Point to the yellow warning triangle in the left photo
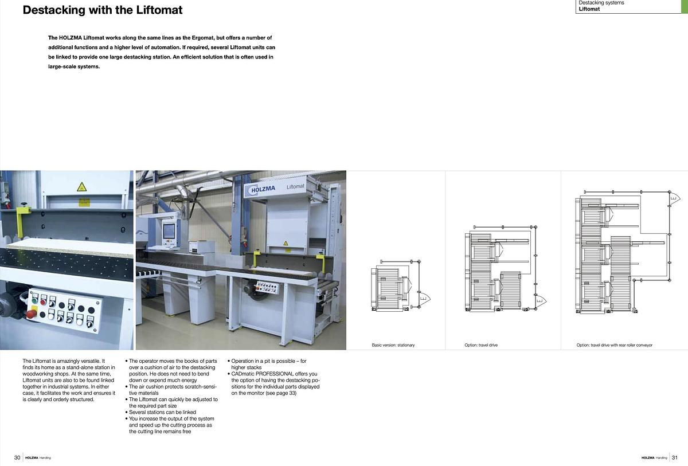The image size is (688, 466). [82, 186]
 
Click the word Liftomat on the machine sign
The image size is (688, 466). [295, 186]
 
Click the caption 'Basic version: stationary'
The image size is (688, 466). [393, 345]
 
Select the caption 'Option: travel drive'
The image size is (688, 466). [480, 345]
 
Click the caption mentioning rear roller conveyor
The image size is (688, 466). [614, 345]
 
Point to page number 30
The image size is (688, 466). [17, 457]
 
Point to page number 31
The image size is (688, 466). [675, 457]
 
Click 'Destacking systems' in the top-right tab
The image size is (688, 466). [601, 3]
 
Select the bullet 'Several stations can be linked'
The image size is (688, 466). [162, 412]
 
